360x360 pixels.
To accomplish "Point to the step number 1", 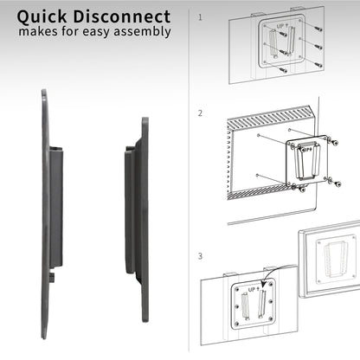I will (x=200, y=16).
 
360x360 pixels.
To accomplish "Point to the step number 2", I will (x=200, y=112).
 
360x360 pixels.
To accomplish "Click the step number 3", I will (x=200, y=256).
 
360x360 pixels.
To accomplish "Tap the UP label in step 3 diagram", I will (x=254, y=292).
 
